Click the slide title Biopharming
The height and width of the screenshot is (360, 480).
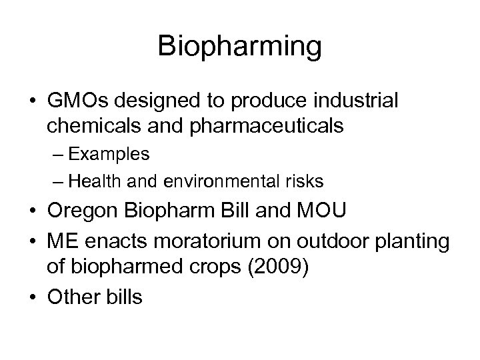[240, 47]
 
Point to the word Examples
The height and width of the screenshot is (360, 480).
[108, 155]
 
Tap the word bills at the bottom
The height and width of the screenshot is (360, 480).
[122, 297]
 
